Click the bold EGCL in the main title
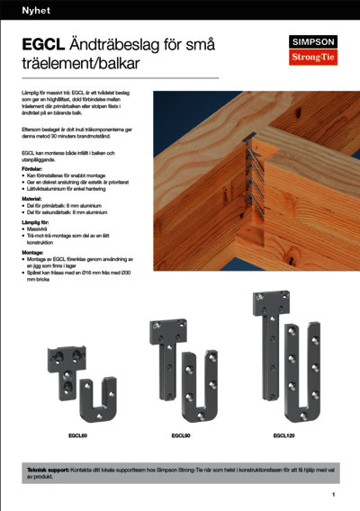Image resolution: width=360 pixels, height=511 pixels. point(41,44)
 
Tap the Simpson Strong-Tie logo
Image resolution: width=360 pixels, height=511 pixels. point(311,49)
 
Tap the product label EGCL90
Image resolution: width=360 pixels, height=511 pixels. point(180,435)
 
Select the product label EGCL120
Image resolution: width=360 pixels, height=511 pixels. point(283,435)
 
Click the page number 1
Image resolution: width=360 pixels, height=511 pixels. point(333,495)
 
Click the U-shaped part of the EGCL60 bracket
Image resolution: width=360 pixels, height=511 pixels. point(103,399)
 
